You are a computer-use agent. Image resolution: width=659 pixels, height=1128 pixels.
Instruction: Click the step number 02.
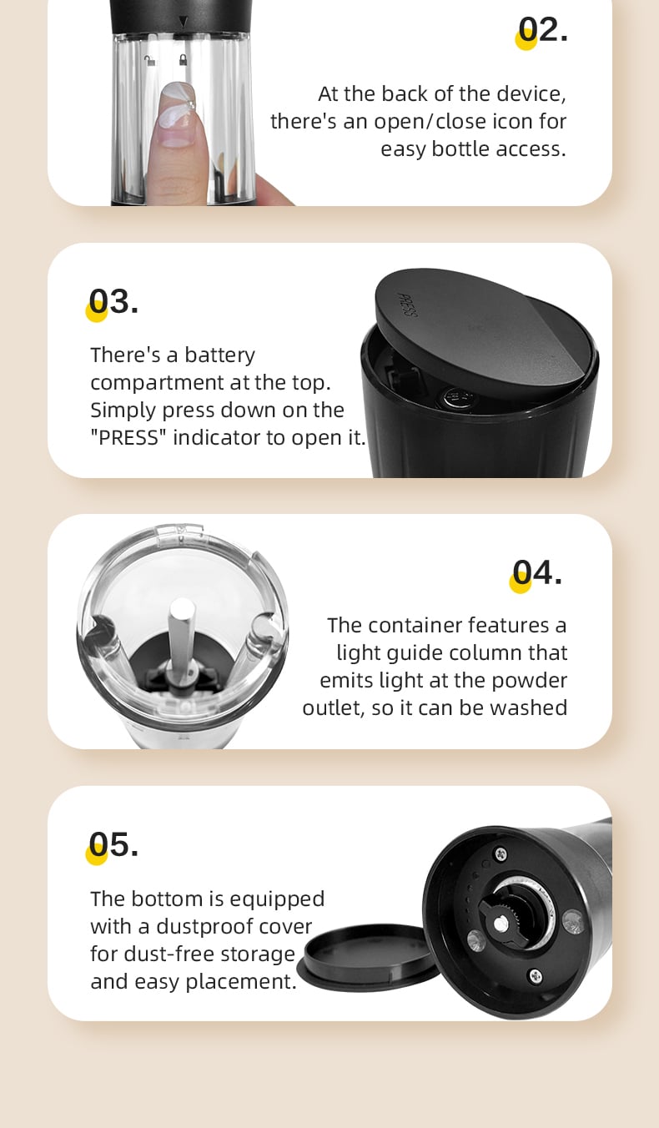(x=543, y=30)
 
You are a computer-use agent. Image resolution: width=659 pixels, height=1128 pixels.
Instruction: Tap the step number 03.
(x=113, y=302)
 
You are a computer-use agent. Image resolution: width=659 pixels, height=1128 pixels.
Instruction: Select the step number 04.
(x=536, y=573)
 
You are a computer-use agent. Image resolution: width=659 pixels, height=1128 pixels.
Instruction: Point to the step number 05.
(x=113, y=844)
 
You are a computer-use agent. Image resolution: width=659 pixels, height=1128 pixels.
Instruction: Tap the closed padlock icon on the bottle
(x=184, y=60)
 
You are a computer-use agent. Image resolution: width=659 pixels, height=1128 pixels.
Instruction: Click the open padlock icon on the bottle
(x=150, y=61)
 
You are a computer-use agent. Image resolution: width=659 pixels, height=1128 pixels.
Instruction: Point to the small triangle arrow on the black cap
(x=184, y=22)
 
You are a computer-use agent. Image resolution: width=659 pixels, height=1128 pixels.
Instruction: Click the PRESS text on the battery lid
(x=407, y=305)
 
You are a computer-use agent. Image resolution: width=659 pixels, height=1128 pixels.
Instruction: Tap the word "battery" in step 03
(x=220, y=355)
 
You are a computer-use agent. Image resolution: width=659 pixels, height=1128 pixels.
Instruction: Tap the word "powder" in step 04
(x=530, y=681)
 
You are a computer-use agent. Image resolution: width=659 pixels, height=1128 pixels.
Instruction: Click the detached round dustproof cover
(x=369, y=957)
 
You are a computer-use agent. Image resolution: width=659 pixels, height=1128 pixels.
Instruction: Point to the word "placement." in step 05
(x=241, y=982)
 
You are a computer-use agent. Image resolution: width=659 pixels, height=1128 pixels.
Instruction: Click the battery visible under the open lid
(x=457, y=395)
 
